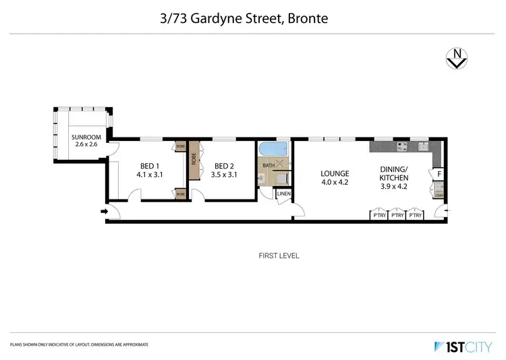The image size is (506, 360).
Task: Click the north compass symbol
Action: tap(457, 59)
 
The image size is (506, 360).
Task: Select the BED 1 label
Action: tap(150, 166)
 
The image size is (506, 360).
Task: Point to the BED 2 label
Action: tap(224, 166)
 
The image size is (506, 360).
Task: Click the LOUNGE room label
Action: tap(334, 174)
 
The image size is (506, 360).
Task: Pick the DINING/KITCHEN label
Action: tap(395, 174)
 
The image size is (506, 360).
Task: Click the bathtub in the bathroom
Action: tap(273, 149)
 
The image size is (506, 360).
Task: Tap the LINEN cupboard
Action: tap(283, 195)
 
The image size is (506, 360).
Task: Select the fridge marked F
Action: tap(437, 173)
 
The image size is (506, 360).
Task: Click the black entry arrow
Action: tap(104, 213)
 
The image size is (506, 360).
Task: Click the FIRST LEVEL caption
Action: tap(279, 256)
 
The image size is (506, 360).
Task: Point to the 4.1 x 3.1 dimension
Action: tap(150, 175)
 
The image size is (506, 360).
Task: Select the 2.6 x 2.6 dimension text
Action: tap(86, 145)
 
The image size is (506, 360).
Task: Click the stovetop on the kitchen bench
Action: tap(403, 146)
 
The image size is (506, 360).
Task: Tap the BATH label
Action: tap(269, 165)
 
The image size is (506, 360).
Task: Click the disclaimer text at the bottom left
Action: tap(79, 344)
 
